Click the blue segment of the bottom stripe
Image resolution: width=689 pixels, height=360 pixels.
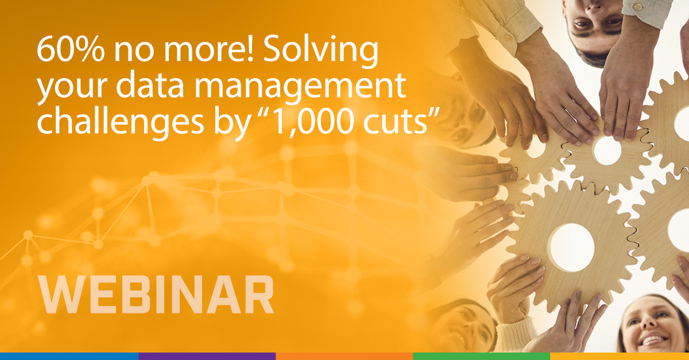tap(69, 356)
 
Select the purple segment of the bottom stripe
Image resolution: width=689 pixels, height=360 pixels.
tap(207, 356)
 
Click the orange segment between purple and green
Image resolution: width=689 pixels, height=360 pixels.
tap(344, 356)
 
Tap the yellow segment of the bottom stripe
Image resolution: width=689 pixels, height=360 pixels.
tap(620, 356)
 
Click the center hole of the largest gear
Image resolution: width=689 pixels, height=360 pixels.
tap(572, 247)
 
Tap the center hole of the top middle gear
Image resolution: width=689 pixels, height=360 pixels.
tap(607, 150)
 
